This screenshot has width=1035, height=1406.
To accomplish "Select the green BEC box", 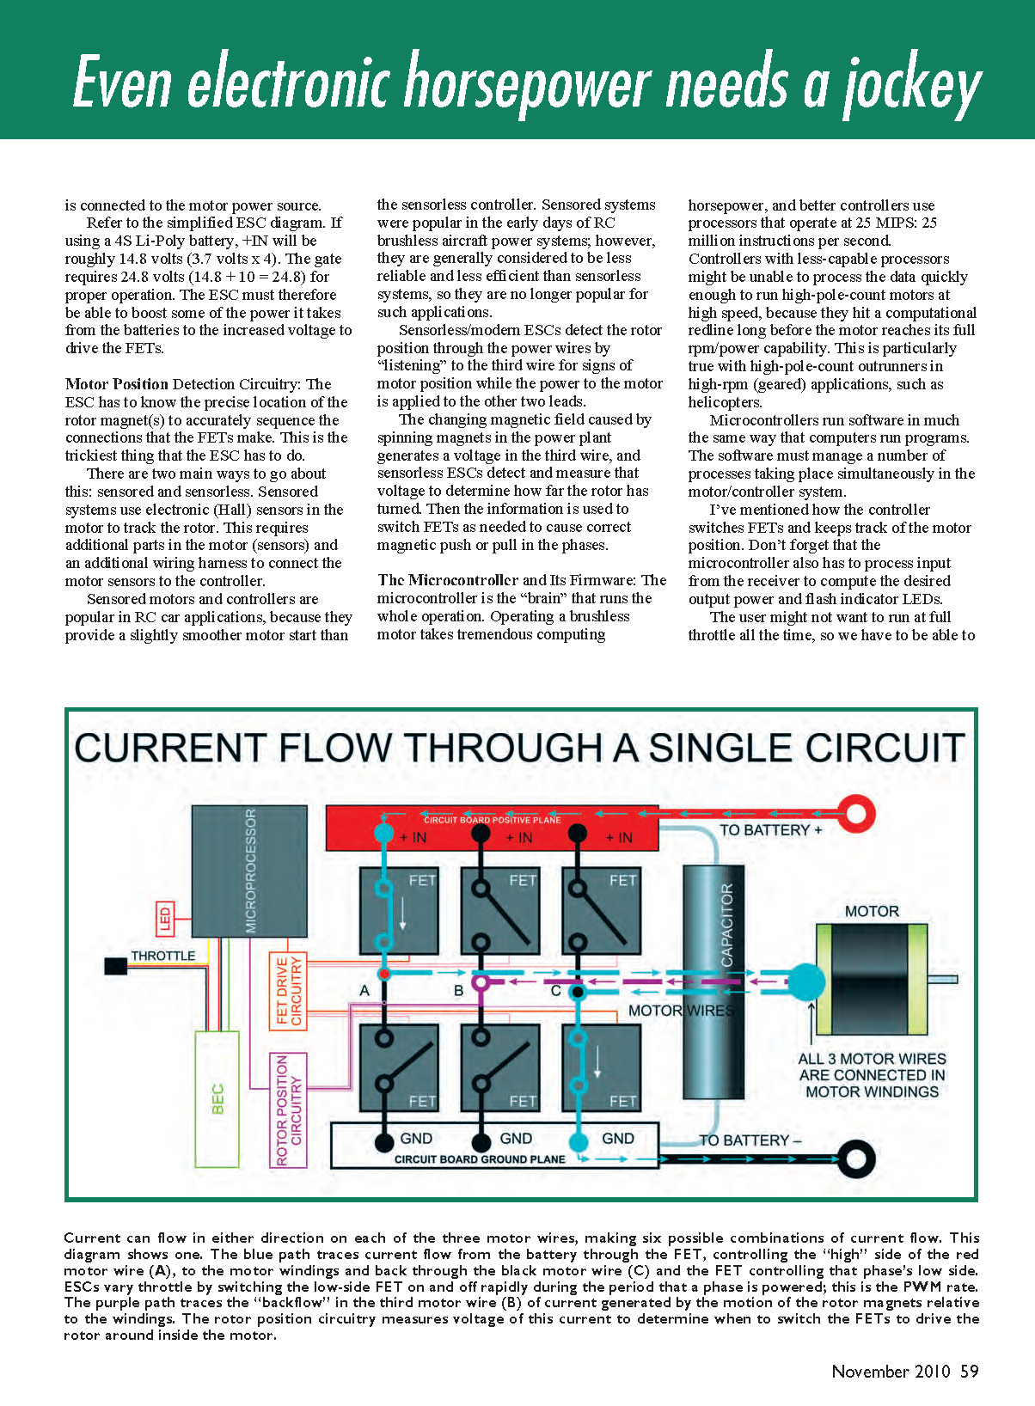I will (217, 1098).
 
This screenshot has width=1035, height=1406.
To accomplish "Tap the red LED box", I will (165, 919).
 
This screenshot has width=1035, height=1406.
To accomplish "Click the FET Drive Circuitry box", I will (288, 991).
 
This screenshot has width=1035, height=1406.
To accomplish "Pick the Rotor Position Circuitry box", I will (288, 1110).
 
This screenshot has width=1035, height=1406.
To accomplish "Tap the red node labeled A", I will (384, 974).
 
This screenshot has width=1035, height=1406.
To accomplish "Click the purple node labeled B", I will (481, 981).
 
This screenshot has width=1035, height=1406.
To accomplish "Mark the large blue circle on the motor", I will (806, 981).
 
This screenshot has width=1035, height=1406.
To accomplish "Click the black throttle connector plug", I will (115, 966).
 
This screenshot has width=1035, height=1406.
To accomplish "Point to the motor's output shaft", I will (943, 980).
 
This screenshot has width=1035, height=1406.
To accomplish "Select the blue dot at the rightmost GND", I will (579, 1141).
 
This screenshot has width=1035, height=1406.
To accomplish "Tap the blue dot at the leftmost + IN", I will (384, 833).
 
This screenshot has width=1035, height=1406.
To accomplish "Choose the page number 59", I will (969, 1371).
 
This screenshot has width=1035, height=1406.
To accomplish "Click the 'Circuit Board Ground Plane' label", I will (480, 1159).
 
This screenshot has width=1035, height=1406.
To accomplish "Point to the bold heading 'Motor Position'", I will (118, 384).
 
